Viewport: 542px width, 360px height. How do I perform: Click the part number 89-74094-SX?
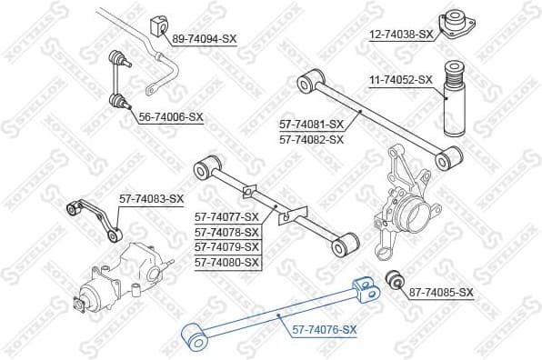tap(204, 38)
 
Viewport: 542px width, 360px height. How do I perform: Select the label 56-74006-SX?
tap(171, 117)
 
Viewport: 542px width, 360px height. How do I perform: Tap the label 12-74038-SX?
tap(401, 34)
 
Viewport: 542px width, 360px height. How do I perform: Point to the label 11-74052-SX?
tap(401, 80)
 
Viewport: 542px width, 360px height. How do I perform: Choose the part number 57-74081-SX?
tap(311, 124)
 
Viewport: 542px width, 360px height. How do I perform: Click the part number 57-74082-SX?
tap(311, 139)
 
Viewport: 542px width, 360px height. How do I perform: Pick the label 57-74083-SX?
tap(151, 199)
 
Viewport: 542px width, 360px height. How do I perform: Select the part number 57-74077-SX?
tap(227, 216)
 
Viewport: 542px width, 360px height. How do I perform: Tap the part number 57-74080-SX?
tap(227, 262)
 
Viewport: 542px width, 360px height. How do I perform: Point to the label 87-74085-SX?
tap(441, 292)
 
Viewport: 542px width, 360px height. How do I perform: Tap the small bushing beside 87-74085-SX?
tap(395, 278)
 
